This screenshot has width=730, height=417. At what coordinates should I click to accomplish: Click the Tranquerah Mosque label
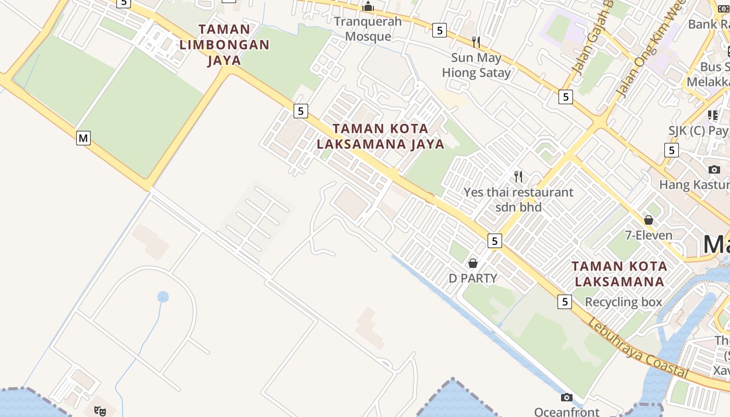point(368,29)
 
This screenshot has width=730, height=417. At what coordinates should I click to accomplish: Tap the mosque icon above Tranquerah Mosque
point(368,6)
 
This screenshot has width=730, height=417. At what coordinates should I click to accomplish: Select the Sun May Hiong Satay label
point(476,65)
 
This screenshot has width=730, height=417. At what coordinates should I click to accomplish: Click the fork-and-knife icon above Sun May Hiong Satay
point(476,41)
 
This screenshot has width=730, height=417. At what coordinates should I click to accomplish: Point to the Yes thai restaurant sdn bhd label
point(518,199)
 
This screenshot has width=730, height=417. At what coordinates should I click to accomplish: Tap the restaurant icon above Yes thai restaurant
point(518,176)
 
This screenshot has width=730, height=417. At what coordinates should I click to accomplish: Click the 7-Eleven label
point(649,235)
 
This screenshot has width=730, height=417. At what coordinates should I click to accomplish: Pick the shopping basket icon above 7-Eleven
point(649,220)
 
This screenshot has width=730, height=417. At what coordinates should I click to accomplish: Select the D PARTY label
point(473,278)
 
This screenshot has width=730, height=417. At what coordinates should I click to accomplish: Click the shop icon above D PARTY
point(473,263)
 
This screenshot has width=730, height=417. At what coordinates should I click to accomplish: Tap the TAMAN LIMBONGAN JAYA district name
point(225,45)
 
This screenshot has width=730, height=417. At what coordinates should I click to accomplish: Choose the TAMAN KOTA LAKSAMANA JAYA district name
point(381,136)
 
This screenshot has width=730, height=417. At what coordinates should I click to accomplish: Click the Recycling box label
point(623,302)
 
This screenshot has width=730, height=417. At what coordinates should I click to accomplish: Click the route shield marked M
point(83,138)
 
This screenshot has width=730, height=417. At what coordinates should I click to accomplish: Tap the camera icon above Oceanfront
point(567,398)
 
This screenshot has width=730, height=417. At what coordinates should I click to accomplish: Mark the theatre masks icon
point(100,411)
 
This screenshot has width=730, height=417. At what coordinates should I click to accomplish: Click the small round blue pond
point(163,297)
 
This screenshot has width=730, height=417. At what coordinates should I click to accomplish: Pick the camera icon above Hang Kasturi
point(714,169)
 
